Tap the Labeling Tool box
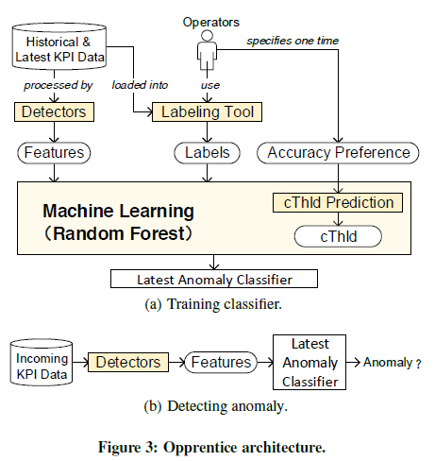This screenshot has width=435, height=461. pyautogui.click(x=207, y=112)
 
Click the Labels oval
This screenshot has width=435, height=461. pyautogui.click(x=207, y=151)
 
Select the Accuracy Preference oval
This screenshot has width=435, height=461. pyautogui.click(x=339, y=151)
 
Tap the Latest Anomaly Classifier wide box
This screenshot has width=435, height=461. pyautogui.click(x=214, y=279)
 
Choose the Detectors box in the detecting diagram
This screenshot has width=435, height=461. pyautogui.click(x=126, y=362)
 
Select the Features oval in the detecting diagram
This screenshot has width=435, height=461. pyautogui.click(x=219, y=362)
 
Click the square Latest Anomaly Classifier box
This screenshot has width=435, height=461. pyautogui.click(x=310, y=362)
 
